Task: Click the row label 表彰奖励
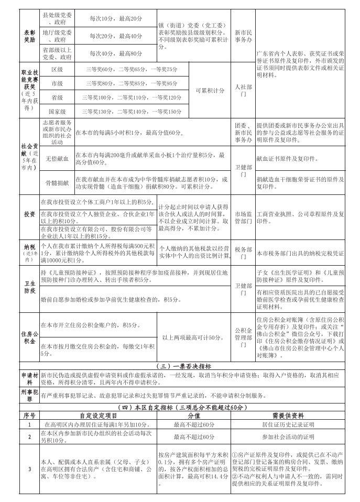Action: pyautogui.click(x=29, y=35)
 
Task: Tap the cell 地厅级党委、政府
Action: pyautogui.click(x=57, y=36)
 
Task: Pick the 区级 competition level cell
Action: pyautogui.click(x=57, y=69)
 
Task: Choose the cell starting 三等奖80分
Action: pyautogui.click(x=132, y=83)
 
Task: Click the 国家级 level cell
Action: pyautogui.click(x=57, y=112)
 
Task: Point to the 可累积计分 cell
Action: pyautogui.click(x=210, y=90)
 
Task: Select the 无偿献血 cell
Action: pyautogui.click(x=57, y=158)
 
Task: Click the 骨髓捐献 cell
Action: pyautogui.click(x=57, y=182)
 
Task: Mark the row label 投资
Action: pyautogui.click(x=29, y=214)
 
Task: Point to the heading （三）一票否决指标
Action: pyautogui.click(x=180, y=365)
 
